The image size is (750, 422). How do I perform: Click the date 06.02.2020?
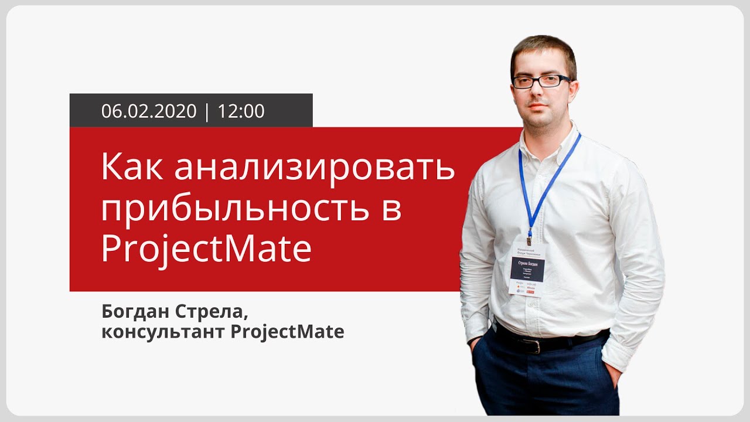coord(149,111)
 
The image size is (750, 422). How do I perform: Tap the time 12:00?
coord(241,111)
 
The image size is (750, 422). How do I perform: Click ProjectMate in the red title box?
coord(206,249)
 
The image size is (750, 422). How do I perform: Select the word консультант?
coord(162,332)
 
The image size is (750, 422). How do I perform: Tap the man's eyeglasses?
coord(541,81)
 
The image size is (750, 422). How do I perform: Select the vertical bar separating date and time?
coord(207,111)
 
